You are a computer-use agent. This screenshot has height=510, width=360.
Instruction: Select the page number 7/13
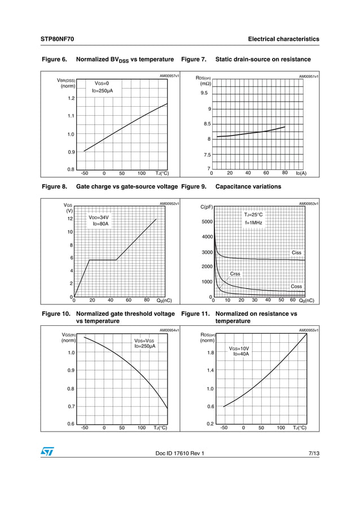(x=314, y=453)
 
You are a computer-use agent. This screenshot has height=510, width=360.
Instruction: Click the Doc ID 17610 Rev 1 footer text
(x=179, y=453)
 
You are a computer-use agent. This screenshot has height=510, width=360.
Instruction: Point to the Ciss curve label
(x=296, y=252)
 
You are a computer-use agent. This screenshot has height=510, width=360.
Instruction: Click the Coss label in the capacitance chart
(x=296, y=286)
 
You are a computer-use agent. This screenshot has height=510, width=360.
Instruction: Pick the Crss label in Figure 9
(x=235, y=274)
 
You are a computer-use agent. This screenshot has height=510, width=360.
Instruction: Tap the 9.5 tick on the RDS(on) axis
(x=204, y=93)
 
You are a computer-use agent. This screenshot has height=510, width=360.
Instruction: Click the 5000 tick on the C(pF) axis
(x=206, y=222)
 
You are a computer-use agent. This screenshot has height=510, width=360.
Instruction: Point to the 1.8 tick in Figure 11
(x=209, y=352)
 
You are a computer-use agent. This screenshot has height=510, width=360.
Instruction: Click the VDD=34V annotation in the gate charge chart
(x=99, y=217)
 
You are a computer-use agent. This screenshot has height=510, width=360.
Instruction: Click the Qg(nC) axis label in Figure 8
(x=164, y=300)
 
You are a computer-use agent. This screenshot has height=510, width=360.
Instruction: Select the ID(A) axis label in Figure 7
(x=301, y=173)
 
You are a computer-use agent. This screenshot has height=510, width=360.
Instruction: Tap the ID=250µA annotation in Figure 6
(x=102, y=90)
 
